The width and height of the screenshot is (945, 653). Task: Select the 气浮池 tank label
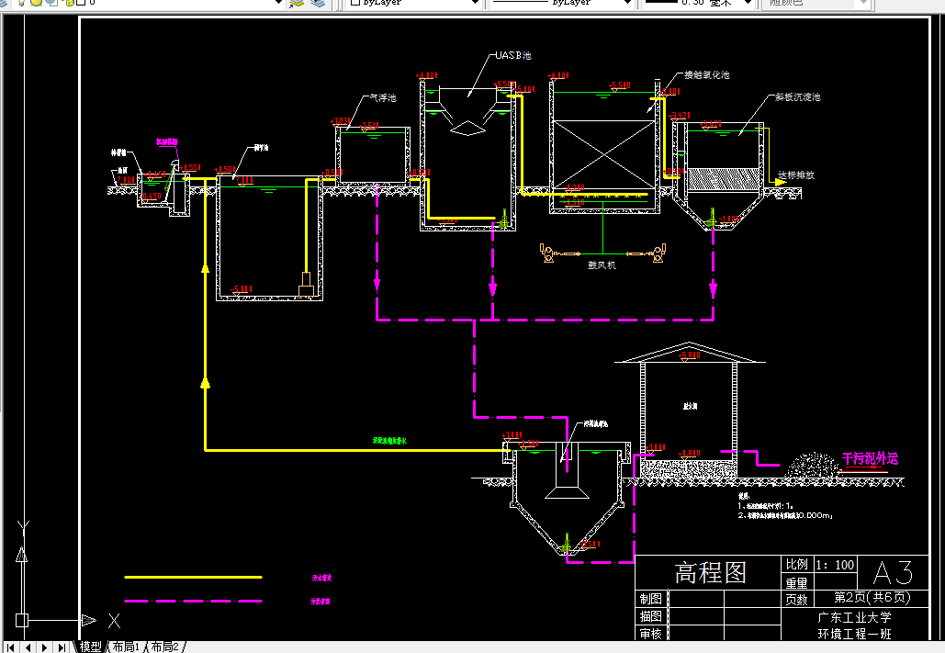coord(382,97)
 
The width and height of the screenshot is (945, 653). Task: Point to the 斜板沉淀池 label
coord(796,96)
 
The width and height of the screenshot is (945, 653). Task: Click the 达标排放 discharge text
coord(795,175)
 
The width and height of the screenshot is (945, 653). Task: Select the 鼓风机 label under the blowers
coord(602,265)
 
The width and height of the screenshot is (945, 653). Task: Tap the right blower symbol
coord(658,253)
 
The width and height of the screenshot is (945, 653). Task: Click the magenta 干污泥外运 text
coord(869,457)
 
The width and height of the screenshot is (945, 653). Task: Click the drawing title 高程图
coord(710,573)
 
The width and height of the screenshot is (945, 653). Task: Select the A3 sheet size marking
coord(892,573)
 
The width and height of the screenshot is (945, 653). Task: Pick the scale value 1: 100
coord(835,565)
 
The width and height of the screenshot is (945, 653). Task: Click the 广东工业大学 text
coord(854,616)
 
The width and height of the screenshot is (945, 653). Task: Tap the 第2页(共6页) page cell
coord(872,598)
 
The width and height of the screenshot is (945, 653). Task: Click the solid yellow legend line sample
coord(193,578)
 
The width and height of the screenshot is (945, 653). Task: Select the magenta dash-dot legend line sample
coord(193,602)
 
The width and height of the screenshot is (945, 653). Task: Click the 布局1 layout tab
coord(126,647)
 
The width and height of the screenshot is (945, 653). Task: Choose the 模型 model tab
coord(91,647)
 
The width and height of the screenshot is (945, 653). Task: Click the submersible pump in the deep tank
coord(306,285)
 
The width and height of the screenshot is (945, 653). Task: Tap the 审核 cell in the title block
coord(651,634)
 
